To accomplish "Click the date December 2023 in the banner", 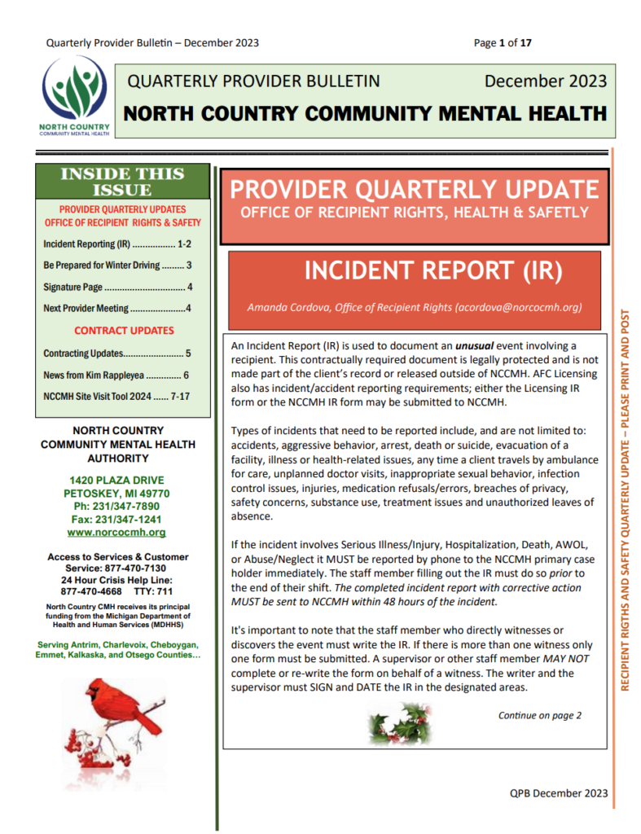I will coord(546,81).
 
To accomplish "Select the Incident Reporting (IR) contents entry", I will coord(117,244).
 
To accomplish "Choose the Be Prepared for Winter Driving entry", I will coord(117,265).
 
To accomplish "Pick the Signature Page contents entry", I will coord(117,287).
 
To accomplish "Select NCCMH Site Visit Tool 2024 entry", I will coord(117,397).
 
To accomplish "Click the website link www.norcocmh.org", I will coord(116,532).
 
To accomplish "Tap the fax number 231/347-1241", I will coord(116,519).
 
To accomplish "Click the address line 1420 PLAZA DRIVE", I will coord(116,480).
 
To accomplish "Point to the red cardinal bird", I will coord(122,708).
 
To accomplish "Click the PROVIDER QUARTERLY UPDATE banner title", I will coord(415,190).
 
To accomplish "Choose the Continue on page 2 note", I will coord(540,715).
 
